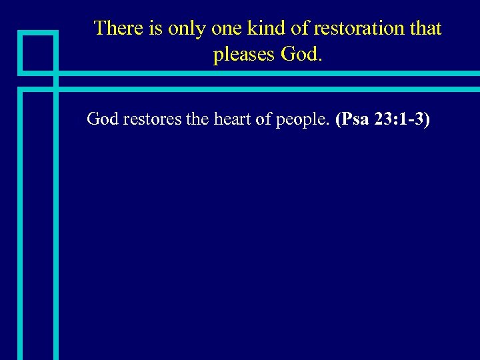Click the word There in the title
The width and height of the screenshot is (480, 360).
[119, 29]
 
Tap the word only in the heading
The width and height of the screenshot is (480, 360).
[187, 29]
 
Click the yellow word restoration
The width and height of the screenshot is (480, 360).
[355, 29]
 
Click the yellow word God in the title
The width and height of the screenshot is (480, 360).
[302, 55]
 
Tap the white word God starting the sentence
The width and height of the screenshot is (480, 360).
[102, 119]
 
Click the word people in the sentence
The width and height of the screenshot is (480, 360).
[302, 119]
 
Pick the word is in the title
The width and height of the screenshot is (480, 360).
[158, 29]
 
